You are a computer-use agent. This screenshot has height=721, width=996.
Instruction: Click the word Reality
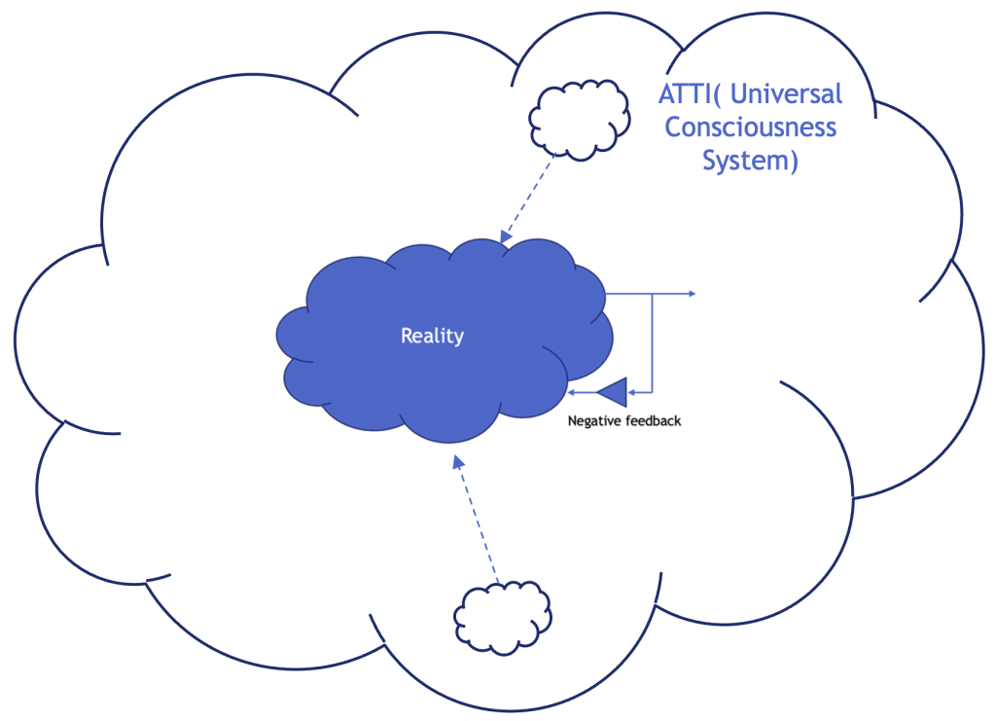click(x=432, y=337)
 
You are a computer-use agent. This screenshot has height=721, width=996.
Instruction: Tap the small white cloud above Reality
click(x=578, y=118)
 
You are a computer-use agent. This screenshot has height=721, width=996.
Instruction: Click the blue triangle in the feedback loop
click(x=614, y=392)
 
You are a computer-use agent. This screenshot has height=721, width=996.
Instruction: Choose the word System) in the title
click(x=750, y=160)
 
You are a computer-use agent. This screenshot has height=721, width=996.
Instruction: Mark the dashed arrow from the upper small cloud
click(x=528, y=198)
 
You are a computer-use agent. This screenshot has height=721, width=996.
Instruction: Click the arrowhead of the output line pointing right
click(x=691, y=293)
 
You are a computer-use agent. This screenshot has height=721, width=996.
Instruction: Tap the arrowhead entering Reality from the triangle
click(x=573, y=392)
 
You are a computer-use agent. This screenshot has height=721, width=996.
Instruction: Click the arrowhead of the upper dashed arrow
click(x=505, y=236)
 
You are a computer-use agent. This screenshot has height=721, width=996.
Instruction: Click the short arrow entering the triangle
click(x=639, y=392)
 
